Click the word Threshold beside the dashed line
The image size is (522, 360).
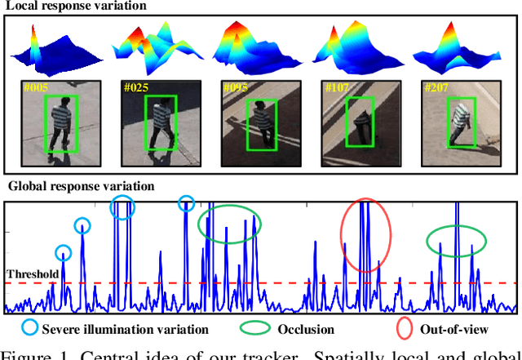click(33, 274)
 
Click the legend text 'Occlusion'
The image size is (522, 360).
click(306, 330)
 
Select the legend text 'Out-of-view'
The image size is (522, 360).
click(454, 330)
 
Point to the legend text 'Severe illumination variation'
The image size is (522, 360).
click(114, 330)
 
